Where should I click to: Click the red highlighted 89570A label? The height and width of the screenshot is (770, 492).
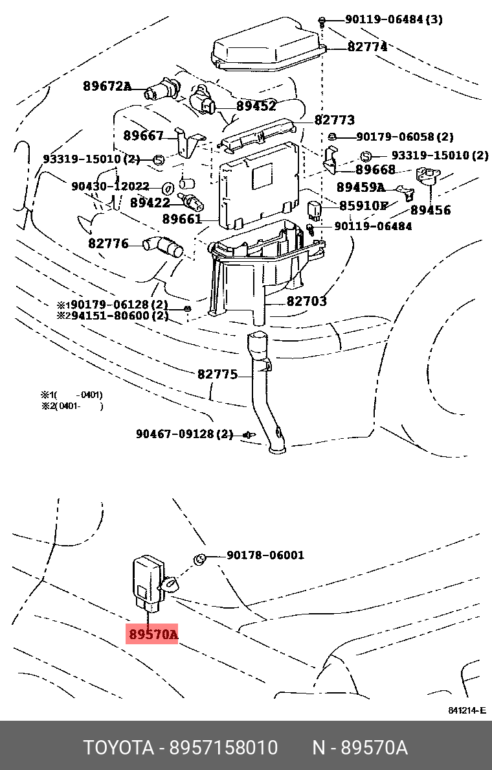pyautogui.click(x=152, y=634)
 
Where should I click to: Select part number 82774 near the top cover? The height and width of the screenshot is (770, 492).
pyautogui.click(x=367, y=47)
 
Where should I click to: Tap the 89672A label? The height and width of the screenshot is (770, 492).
pyautogui.click(x=107, y=86)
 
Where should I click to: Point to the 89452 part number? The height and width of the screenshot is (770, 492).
pyautogui.click(x=256, y=106)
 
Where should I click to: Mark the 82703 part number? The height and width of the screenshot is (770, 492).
pyautogui.click(x=307, y=301)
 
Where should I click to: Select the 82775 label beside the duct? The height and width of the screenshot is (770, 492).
pyautogui.click(x=217, y=375)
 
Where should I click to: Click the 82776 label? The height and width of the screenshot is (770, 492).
pyautogui.click(x=108, y=244)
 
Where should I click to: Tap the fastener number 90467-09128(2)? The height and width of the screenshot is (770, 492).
pyautogui.click(x=184, y=434)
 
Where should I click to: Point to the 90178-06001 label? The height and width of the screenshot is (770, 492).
pyautogui.click(x=265, y=555)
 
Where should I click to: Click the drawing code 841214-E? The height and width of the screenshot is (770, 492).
pyautogui.click(x=466, y=710)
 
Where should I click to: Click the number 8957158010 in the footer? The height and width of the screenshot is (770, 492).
pyautogui.click(x=223, y=748)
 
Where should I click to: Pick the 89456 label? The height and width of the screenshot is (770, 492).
pyautogui.click(x=430, y=210)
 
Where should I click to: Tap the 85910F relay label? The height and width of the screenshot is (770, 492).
pyautogui.click(x=363, y=205)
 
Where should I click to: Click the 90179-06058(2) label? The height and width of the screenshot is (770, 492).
pyautogui.click(x=405, y=137)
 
